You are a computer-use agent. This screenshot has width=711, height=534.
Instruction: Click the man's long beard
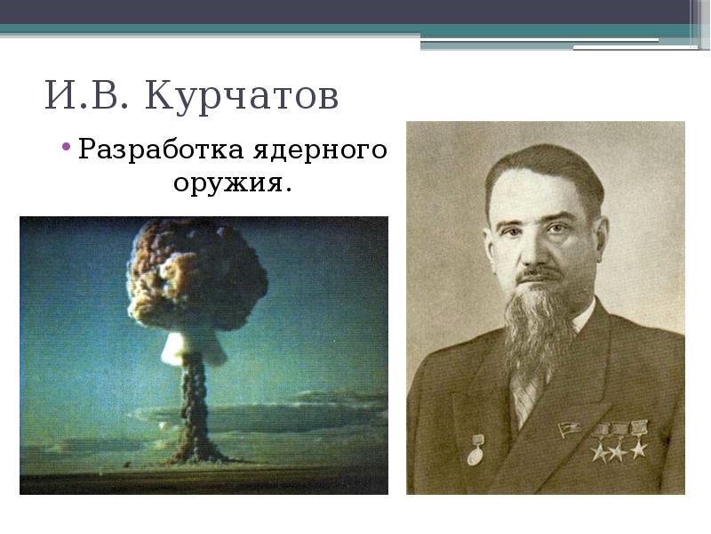(539, 329)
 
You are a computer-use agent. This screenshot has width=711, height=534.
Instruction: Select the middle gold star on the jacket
(618, 450)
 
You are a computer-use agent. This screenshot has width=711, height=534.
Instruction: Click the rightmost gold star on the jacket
(639, 448)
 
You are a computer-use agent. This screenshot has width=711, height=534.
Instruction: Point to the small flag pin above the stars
(566, 431)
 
